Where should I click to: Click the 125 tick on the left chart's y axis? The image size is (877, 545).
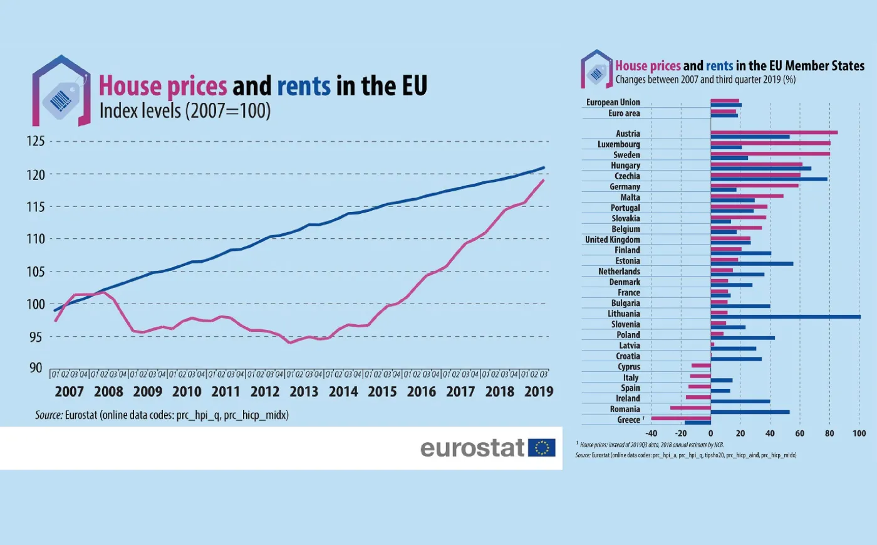[x=36, y=140]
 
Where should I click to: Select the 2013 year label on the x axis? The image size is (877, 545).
[x=304, y=391]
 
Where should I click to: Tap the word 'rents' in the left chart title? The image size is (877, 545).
[x=303, y=86]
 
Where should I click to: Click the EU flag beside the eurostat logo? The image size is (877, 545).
[x=541, y=447]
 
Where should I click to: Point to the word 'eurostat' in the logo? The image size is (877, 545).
[x=472, y=448]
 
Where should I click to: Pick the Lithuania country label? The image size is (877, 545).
[x=624, y=314]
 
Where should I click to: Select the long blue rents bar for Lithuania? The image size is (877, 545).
[x=786, y=317]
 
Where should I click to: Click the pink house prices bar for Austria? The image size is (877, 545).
[x=774, y=132]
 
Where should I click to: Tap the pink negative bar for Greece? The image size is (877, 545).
[x=681, y=418]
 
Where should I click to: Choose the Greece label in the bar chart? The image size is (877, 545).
[x=629, y=420]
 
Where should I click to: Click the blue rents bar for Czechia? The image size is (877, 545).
[x=769, y=179]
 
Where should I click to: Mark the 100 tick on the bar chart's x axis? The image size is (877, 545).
[x=859, y=433]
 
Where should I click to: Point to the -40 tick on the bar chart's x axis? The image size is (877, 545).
[x=651, y=433]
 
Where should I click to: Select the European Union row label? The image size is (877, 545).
[x=613, y=102]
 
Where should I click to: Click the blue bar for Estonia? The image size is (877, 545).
[x=752, y=263]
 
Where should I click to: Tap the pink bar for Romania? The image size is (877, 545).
[x=690, y=408]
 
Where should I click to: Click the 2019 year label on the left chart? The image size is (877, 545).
[x=539, y=391]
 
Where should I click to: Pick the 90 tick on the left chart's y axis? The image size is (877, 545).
[x=36, y=368]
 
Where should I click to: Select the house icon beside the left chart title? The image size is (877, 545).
[x=61, y=92]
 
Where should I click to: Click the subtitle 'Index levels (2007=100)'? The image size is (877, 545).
[x=185, y=111]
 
